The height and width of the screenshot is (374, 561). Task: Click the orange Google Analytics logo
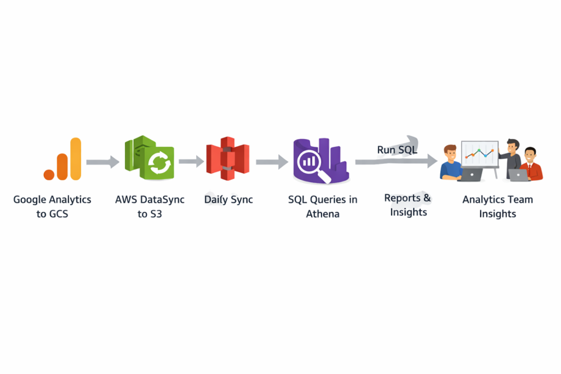(x=62, y=159)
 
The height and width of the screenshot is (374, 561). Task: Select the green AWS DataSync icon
(x=149, y=158)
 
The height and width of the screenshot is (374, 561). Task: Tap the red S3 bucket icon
(x=228, y=158)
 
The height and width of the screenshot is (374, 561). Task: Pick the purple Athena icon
(x=321, y=161)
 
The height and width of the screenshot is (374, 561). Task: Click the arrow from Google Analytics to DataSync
(x=103, y=162)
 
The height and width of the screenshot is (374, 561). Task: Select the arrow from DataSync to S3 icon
(x=191, y=161)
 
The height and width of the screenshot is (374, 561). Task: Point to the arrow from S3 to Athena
(x=272, y=162)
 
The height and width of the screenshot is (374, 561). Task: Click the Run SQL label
(x=397, y=150)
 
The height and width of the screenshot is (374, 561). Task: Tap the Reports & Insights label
(x=408, y=205)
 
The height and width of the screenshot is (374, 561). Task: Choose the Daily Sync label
(x=228, y=200)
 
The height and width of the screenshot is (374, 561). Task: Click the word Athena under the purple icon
(x=323, y=214)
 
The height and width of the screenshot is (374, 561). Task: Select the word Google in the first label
(x=30, y=200)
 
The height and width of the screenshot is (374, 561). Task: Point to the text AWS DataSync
(x=150, y=200)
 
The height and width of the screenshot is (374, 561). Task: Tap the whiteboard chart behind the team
(x=480, y=154)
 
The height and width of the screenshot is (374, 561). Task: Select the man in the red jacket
(x=531, y=164)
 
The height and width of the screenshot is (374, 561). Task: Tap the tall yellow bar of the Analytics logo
(x=76, y=158)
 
